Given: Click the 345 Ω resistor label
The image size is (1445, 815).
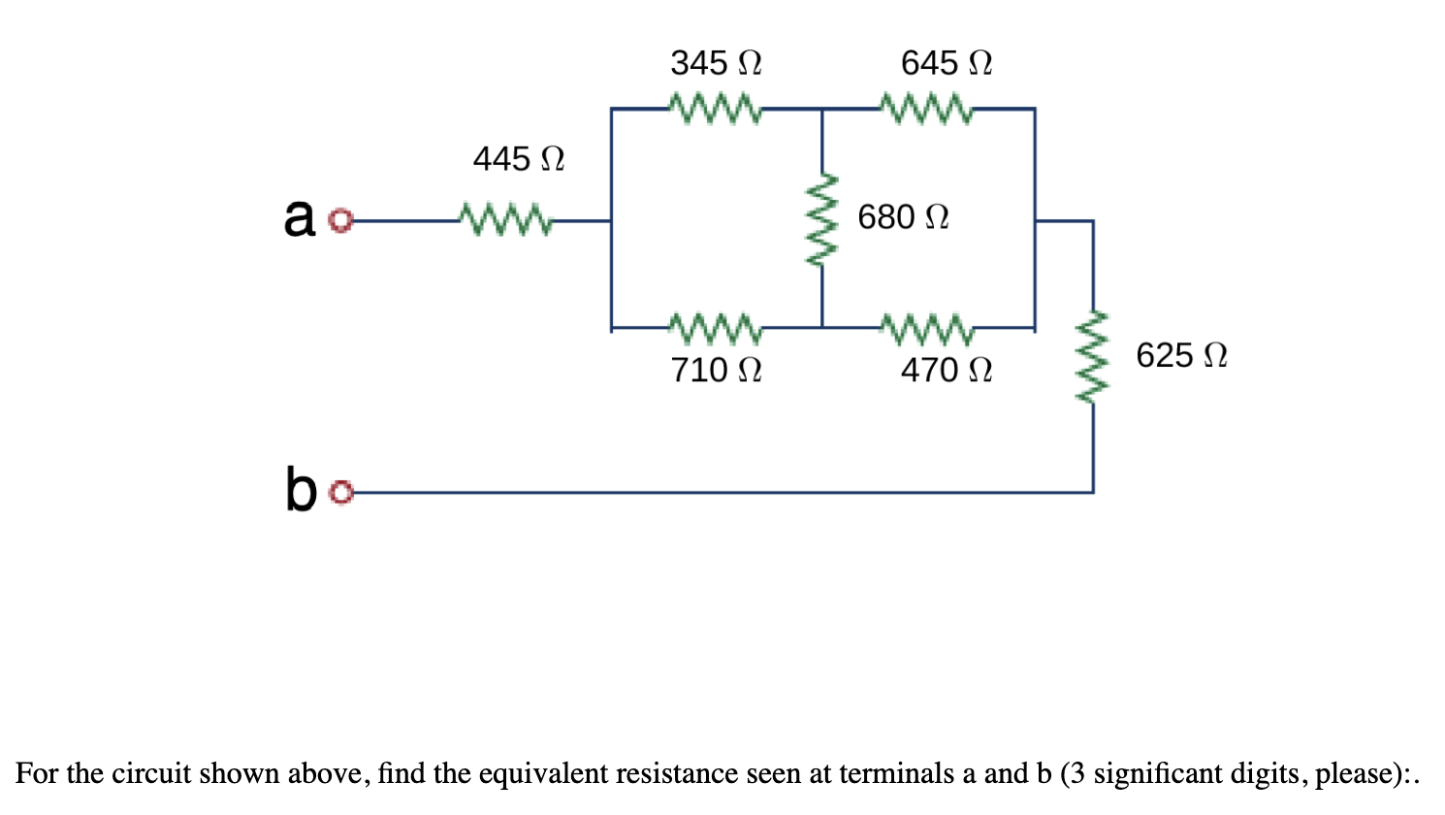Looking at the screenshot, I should (716, 63).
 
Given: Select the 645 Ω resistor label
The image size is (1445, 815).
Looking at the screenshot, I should (946, 63).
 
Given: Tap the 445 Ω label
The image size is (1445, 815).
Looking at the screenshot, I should (518, 158).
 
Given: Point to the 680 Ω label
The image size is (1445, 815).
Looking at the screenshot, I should (902, 216).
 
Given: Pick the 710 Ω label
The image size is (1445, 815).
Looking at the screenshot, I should (716, 370).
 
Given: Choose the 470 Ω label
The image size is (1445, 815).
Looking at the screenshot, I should (946, 370).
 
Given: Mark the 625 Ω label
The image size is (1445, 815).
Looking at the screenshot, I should (1180, 355).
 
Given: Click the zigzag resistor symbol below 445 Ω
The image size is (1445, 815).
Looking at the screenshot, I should (505, 220).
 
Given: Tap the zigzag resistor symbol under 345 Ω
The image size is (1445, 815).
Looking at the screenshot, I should (716, 109).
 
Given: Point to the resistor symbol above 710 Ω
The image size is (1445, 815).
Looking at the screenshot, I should (716, 328).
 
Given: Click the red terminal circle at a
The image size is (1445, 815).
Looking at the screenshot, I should (338, 222).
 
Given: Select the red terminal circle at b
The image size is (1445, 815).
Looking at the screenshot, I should (338, 494).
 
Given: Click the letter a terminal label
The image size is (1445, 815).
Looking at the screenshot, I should (300, 217).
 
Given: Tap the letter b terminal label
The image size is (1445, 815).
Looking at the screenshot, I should (301, 488).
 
